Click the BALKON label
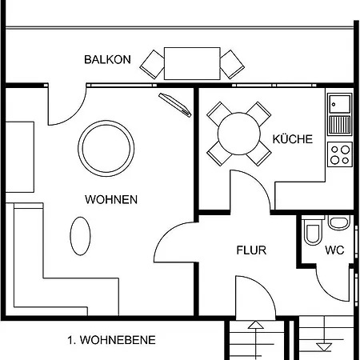(107, 59)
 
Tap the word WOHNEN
(111, 199)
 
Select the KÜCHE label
(293, 139)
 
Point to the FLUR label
(251, 250)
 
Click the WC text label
(334, 250)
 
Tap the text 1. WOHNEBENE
(111, 340)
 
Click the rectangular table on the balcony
(192, 63)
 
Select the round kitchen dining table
(238, 134)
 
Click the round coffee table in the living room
(106, 148)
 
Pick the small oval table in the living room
(80, 236)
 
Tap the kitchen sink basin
(340, 103)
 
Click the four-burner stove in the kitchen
(340, 154)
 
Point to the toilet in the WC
(313, 231)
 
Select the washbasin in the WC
(339, 222)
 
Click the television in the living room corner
(175, 105)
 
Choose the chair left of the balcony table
(152, 65)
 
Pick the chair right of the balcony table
(232, 65)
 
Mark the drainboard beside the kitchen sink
(340, 125)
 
